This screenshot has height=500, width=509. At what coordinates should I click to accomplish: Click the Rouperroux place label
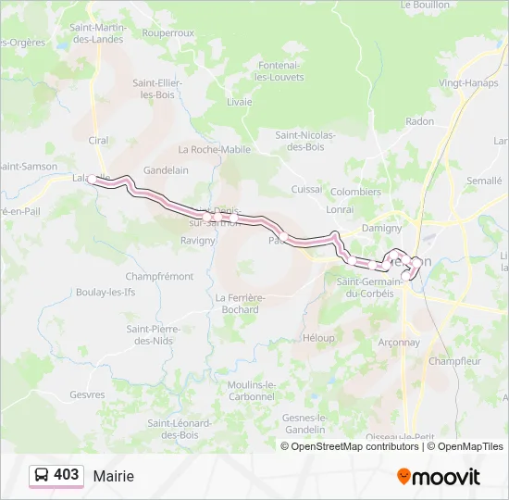tap(168, 32)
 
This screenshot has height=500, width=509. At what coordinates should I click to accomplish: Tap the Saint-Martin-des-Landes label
tap(97, 33)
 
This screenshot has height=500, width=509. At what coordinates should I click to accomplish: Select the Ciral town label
tap(98, 141)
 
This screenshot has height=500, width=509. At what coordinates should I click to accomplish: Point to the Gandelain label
tap(167, 170)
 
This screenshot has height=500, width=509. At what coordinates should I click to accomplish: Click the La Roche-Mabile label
tap(215, 149)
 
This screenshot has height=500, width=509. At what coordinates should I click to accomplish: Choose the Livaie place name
tap(239, 102)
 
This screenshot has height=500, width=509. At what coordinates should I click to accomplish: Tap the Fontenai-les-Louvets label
tap(279, 71)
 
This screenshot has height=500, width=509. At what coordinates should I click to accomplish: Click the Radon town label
tap(419, 121)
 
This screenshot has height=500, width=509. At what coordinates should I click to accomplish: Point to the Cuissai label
tap(306, 189)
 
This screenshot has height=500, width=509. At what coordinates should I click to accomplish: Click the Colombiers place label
tap(355, 192)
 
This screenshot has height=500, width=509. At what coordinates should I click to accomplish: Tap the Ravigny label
tap(198, 241)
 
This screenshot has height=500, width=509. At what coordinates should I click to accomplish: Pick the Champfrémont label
tap(159, 276)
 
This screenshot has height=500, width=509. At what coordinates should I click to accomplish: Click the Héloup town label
tap(318, 338)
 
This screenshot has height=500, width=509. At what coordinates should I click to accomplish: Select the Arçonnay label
tap(399, 342)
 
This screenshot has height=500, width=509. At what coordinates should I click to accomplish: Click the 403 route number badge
tap(56, 475)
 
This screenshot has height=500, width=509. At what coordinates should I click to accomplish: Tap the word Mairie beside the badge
tap(114, 476)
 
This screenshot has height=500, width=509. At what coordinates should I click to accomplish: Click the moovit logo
tap(439, 476)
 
